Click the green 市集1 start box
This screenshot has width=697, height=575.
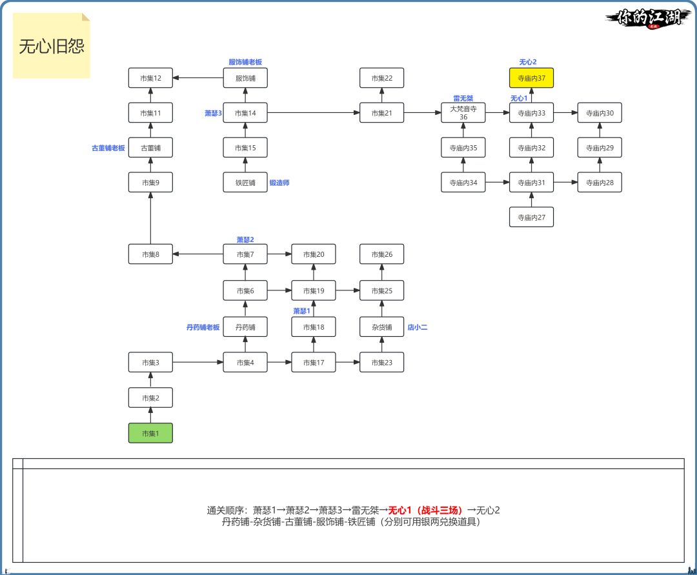(x=150, y=433)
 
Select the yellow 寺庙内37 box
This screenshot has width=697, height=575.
(x=532, y=78)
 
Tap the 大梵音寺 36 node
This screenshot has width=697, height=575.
(x=463, y=113)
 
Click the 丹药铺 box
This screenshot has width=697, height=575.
(x=245, y=327)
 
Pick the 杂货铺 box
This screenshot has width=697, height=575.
(x=381, y=327)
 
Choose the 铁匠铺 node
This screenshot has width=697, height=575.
(x=245, y=183)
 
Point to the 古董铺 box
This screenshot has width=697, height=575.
(x=150, y=148)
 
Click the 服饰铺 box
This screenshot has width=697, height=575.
(x=245, y=78)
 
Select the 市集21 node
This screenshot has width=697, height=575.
(x=381, y=113)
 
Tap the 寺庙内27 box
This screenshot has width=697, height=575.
(x=532, y=217)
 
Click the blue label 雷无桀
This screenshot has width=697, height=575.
(x=463, y=98)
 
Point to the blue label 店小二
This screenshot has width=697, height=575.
(x=417, y=327)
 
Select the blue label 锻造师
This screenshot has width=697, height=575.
(x=279, y=183)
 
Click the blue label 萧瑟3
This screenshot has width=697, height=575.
(x=213, y=113)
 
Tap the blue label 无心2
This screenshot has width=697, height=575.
(x=528, y=62)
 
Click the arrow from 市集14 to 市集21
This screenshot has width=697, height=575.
(x=314, y=113)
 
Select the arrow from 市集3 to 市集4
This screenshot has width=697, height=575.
(x=197, y=362)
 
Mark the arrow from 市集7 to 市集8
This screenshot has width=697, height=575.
(x=197, y=254)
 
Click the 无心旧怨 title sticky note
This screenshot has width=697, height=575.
(x=52, y=46)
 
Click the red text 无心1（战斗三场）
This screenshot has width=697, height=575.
(x=426, y=510)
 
